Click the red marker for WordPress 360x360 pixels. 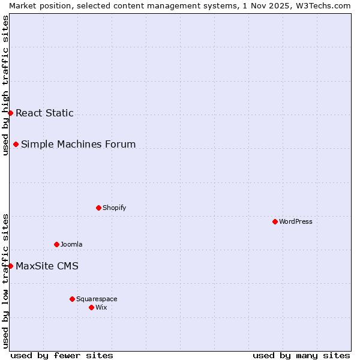pyautogui.click(x=275, y=221)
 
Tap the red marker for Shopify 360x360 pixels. pyautogui.click(x=98, y=208)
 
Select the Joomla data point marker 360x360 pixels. pyautogui.click(x=56, y=244)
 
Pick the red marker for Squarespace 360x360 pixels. pyautogui.click(x=72, y=299)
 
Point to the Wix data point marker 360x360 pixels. pyautogui.click(x=91, y=307)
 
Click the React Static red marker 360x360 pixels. pyautogui.click(x=10, y=113)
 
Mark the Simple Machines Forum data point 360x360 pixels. pyautogui.click(x=16, y=144)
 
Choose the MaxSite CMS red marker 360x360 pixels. pyautogui.click(x=10, y=266)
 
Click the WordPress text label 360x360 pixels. pyautogui.click(x=296, y=221)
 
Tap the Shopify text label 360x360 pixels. pyautogui.click(x=115, y=208)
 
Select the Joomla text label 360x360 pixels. pyautogui.click(x=71, y=244)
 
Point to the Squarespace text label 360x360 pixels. pyautogui.click(x=97, y=299)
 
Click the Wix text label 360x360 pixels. pyautogui.click(x=101, y=307)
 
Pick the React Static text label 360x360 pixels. pyautogui.click(x=44, y=113)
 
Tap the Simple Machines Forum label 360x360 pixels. pyautogui.click(x=78, y=144)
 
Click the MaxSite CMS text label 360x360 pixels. pyautogui.click(x=47, y=266)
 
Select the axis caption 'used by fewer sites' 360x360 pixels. pyautogui.click(x=62, y=355)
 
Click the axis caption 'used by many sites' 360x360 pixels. pyautogui.click(x=301, y=355)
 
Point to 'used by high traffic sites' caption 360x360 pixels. pyautogui.click(x=5, y=85)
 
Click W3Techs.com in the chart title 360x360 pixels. pyautogui.click(x=323, y=5)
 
